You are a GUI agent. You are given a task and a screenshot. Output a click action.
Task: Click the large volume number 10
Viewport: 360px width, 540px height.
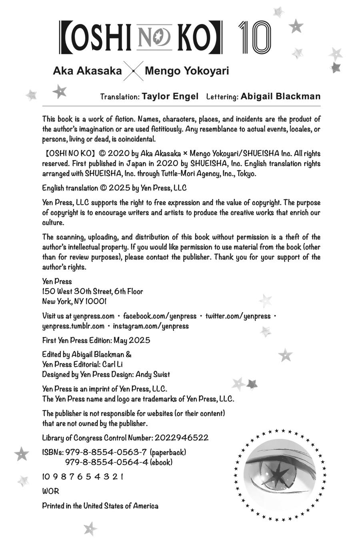(255, 38)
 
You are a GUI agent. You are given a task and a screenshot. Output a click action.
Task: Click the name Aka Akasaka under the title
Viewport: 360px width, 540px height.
(88, 71)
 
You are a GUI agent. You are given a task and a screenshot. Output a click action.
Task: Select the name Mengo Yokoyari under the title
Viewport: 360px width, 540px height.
(187, 71)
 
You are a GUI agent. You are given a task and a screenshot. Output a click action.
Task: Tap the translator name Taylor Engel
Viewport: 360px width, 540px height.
(170, 96)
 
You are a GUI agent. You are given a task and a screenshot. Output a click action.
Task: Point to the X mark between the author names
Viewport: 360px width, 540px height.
(133, 72)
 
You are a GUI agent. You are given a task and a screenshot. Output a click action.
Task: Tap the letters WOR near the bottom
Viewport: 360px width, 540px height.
(50, 491)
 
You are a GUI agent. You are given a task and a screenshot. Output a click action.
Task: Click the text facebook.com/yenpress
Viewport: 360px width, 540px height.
(160, 316)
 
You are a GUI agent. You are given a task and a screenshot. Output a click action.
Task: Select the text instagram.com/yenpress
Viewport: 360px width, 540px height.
(151, 326)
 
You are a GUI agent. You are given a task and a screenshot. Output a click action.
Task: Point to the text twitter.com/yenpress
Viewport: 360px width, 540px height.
(238, 316)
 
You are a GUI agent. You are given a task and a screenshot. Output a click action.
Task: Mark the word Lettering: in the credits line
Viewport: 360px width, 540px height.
(222, 97)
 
